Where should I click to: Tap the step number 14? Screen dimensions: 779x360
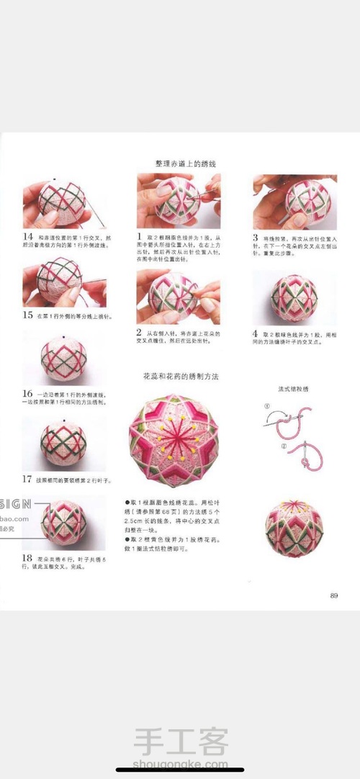(x=28, y=236)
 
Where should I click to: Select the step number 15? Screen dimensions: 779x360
(x=28, y=315)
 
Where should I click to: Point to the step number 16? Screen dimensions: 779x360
(x=28, y=394)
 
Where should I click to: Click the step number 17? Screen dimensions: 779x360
(x=28, y=479)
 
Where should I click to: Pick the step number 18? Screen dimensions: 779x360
(x=28, y=557)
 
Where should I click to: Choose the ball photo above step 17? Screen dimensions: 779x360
(x=63, y=442)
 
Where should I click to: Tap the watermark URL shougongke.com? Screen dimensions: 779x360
(x=181, y=765)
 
